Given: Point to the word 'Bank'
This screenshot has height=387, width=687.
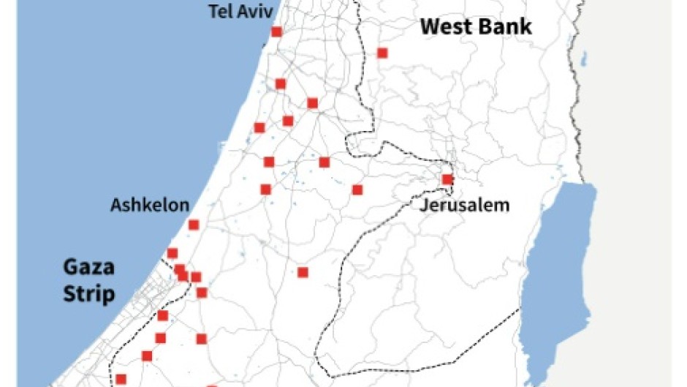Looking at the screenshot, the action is (506, 28).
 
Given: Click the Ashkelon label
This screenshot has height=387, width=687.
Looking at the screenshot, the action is (149, 205).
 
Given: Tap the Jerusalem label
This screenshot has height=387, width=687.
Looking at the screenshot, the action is (464, 205).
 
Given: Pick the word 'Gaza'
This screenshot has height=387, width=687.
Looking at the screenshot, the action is (88, 267).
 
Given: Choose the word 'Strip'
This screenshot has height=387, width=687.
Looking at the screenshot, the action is (88, 294).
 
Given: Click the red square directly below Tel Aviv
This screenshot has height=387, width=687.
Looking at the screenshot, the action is (276, 31).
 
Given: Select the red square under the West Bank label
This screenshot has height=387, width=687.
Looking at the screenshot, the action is (382, 53).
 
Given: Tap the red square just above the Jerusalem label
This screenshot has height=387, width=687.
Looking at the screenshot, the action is (447, 179).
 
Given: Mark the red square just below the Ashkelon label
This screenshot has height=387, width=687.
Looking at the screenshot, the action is (194, 225).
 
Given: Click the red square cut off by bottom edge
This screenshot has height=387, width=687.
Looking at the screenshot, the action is (212, 385).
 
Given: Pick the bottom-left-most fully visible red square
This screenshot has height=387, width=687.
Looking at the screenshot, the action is (121, 379).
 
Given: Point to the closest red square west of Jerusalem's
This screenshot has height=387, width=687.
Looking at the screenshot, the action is (357, 189).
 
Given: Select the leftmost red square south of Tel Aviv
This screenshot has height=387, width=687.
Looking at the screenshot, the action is (259, 128).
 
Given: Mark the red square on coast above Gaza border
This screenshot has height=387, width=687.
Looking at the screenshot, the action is (172, 253).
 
